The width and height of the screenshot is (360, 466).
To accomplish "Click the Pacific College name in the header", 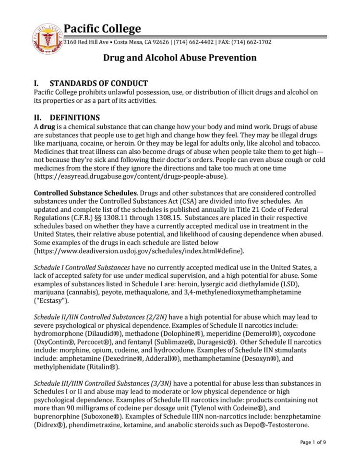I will click(103, 29).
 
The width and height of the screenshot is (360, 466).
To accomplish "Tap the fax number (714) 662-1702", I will click(251, 42).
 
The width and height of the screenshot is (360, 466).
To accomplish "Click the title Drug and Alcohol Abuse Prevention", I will click(180, 58).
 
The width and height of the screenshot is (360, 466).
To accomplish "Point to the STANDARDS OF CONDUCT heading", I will click(98, 83).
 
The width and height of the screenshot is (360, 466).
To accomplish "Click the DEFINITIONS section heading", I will click(74, 118).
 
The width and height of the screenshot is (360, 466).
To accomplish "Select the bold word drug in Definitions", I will click(46, 126).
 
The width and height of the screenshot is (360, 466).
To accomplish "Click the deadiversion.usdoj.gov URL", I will click(139, 251).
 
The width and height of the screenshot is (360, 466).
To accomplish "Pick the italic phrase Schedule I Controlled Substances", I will click(82, 267).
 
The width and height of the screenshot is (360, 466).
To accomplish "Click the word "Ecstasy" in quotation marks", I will click(51, 301).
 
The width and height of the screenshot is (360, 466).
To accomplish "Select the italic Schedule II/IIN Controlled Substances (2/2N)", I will click(101, 317).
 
